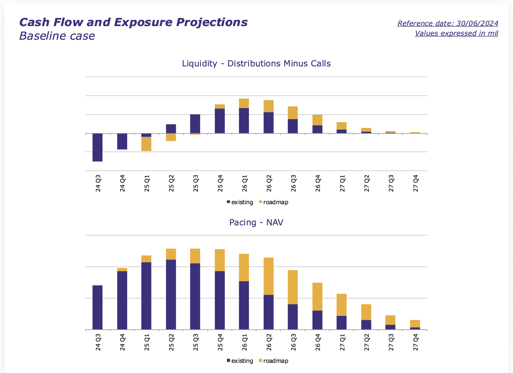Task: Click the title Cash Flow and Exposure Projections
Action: pos(133,22)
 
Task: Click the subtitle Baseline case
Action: pos(57,36)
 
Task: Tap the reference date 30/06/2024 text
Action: pos(448,23)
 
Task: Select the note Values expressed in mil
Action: pos(456,33)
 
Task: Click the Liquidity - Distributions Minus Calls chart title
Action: pos(256,64)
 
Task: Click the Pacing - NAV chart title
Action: pos(256,222)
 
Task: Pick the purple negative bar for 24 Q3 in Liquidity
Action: pos(97,147)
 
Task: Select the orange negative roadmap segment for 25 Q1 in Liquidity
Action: pos(146,144)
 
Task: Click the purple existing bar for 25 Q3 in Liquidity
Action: pos(195,124)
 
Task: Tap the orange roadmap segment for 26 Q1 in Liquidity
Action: pos(244,103)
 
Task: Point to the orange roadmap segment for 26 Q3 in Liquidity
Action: pos(293,113)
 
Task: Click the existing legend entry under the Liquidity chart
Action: pos(240,202)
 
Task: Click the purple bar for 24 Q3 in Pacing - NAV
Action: pos(97,307)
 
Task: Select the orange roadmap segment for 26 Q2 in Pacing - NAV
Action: pos(268,276)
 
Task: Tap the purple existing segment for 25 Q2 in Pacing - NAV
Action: pos(171,294)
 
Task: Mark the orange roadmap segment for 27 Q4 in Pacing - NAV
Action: pos(415,324)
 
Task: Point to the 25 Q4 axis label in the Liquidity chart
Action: pos(220,183)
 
